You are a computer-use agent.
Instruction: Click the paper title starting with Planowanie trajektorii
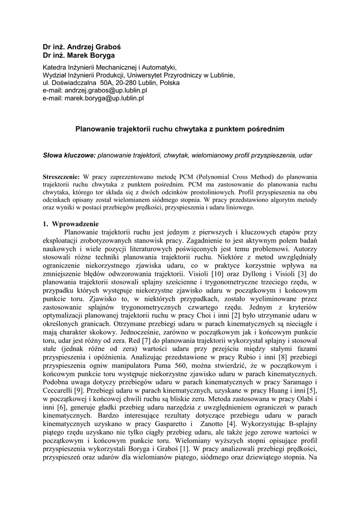(x=180, y=129)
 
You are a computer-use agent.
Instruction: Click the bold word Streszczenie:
(x=61, y=176)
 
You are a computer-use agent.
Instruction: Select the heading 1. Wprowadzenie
(x=71, y=223)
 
